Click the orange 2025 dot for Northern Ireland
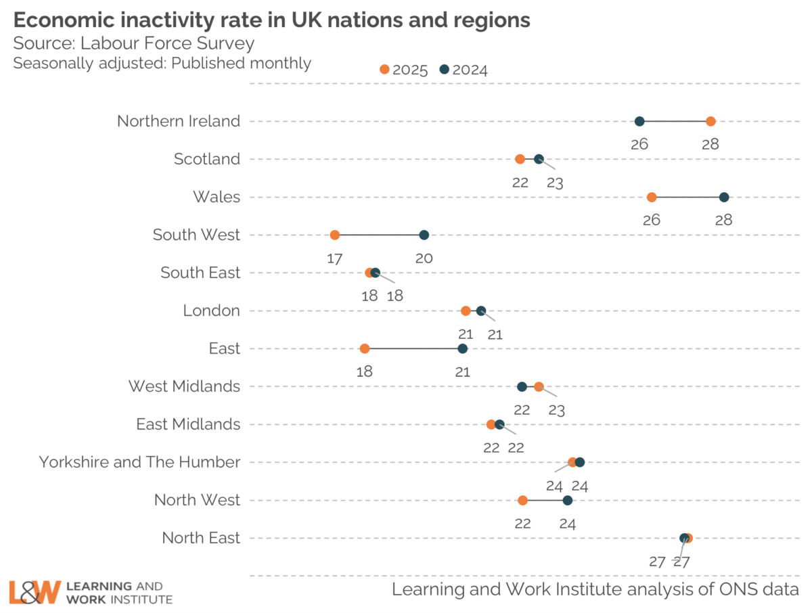tap(710, 121)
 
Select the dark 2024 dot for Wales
tap(724, 197)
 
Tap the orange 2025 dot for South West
tap(334, 235)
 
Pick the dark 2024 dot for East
tap(462, 348)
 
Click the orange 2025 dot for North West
tap(522, 500)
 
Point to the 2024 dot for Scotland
tap(539, 159)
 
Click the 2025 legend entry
tap(404, 69)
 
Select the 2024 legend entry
tap(464, 69)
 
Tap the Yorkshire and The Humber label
tap(139, 462)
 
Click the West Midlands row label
tap(184, 386)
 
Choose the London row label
tap(211, 311)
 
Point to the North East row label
tap(201, 538)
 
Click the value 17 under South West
tap(334, 258)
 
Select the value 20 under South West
tap(424, 258)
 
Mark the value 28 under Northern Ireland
tap(710, 144)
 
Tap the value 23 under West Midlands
tap(557, 409)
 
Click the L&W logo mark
tap(35, 591)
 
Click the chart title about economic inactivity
tap(271, 20)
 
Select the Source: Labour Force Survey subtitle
tap(134, 43)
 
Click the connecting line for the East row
tap(413, 348)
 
